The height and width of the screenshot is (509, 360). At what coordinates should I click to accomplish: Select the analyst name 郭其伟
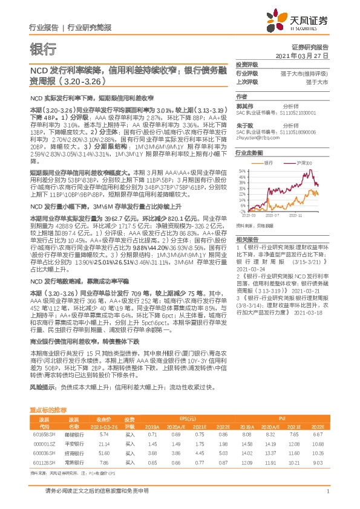pyautogui.click(x=244, y=104)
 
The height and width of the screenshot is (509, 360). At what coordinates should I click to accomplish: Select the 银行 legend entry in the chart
pyautogui.click(x=267, y=163)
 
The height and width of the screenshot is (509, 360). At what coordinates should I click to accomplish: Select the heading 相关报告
pyautogui.click(x=246, y=239)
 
